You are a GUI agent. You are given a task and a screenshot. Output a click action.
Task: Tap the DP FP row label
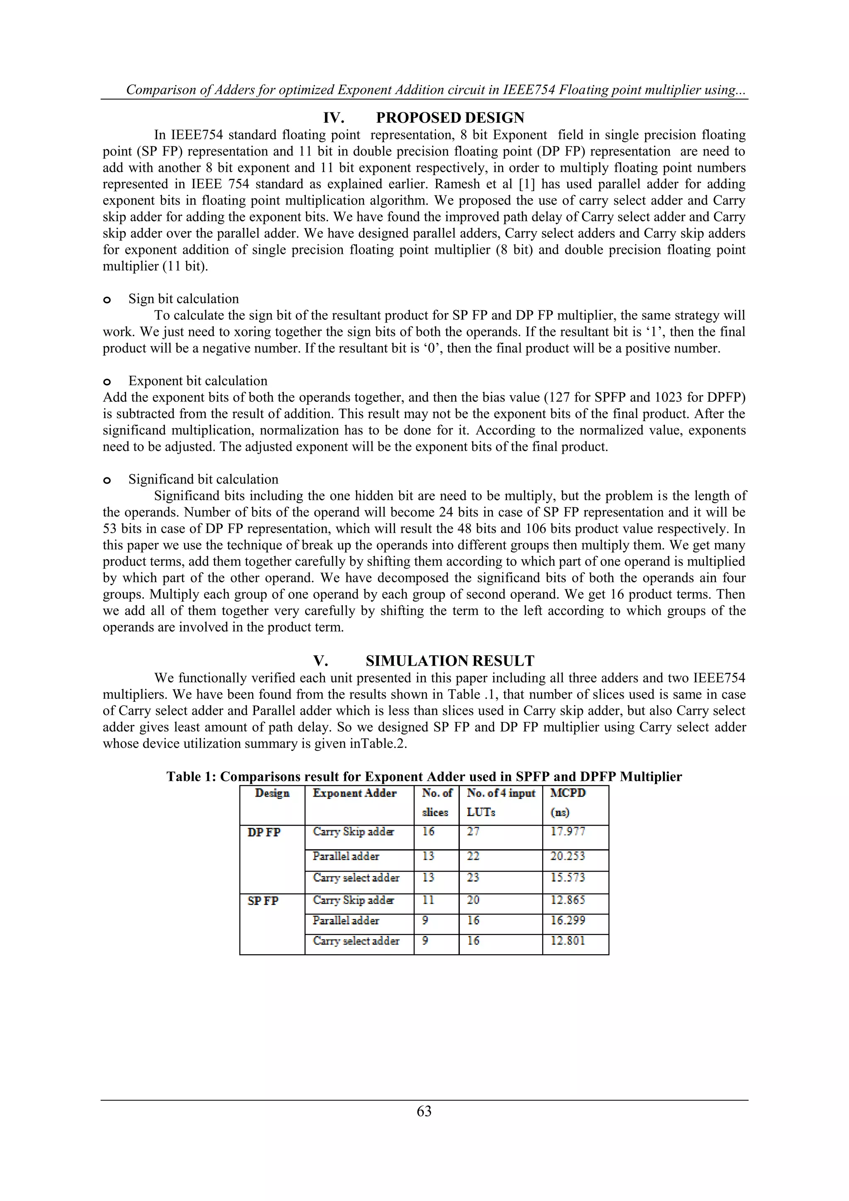pyautogui.click(x=264, y=832)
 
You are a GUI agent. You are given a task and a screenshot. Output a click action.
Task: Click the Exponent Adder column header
pyautogui.click(x=354, y=793)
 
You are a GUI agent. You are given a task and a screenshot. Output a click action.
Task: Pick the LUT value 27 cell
pyautogui.click(x=473, y=831)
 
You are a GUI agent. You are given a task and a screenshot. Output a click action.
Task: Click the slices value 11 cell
pyautogui.click(x=428, y=900)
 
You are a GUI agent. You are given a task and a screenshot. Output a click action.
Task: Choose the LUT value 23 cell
pyautogui.click(x=473, y=877)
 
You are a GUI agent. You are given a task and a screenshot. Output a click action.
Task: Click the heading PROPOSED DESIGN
pyautogui.click(x=450, y=118)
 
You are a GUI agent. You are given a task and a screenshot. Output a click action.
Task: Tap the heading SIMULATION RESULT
pyautogui.click(x=450, y=661)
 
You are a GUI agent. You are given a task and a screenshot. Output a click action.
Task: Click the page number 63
pyautogui.click(x=424, y=1111)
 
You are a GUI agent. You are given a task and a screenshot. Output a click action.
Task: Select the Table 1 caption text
pyautogui.click(x=424, y=776)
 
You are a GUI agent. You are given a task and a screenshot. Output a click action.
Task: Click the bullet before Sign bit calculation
pyautogui.click(x=107, y=300)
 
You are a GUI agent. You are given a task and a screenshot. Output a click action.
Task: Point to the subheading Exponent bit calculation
pyautogui.click(x=198, y=381)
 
